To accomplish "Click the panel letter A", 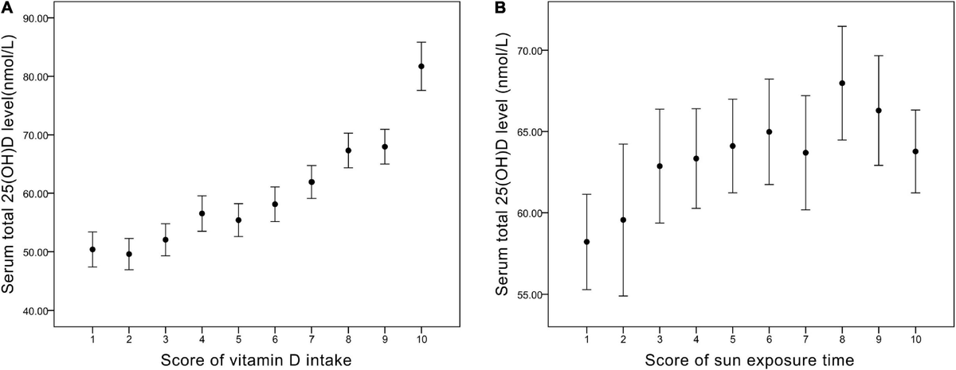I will coord(7,8).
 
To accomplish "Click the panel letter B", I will coord(500,8).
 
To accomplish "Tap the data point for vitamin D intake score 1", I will coord(92,249).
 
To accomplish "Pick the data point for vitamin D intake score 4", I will coord(202,213).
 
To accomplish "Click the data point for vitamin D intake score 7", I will coord(311,182).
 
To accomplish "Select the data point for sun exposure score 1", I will coord(586,242).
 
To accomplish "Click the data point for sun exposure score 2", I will coord(623,220).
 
